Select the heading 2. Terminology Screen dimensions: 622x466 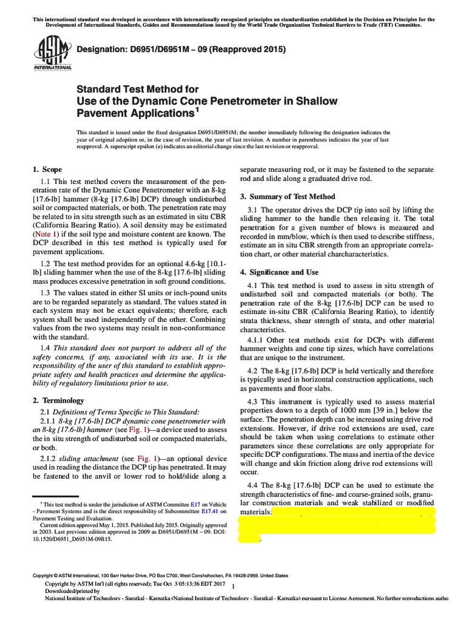(58, 400)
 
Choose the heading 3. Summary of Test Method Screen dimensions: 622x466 (288, 196)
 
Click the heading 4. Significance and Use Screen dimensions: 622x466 (280, 272)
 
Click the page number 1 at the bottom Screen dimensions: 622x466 (234, 586)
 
